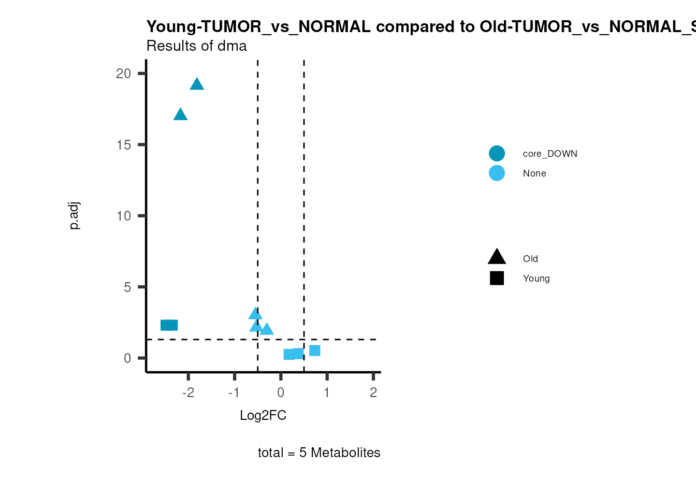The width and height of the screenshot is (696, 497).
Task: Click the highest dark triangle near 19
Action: (197, 84)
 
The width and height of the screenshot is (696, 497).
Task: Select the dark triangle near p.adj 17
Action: (180, 115)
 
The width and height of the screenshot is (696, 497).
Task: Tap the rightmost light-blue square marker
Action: (314, 350)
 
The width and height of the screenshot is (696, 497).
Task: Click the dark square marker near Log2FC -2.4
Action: (169, 325)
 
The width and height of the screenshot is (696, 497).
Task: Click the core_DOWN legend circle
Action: (497, 154)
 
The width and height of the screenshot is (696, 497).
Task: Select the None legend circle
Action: (497, 173)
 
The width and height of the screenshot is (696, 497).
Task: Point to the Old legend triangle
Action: (497, 257)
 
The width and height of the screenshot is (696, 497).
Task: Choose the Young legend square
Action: (497, 279)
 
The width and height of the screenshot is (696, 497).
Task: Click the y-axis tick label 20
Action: (124, 74)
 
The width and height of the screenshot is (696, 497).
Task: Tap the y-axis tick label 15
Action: (124, 145)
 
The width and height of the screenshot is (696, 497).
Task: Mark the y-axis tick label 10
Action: (124, 216)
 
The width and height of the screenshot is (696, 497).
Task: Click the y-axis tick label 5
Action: (127, 287)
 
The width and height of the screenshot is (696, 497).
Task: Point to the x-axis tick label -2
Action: (188, 393)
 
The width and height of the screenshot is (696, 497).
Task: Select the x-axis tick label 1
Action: (327, 393)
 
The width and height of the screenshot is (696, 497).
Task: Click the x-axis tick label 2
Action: (373, 393)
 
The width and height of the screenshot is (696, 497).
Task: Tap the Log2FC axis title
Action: (263, 416)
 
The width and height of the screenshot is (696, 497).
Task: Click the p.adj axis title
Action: (75, 216)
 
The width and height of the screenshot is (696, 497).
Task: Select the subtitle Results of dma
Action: (197, 46)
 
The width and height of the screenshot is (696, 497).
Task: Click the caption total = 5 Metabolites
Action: (319, 453)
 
